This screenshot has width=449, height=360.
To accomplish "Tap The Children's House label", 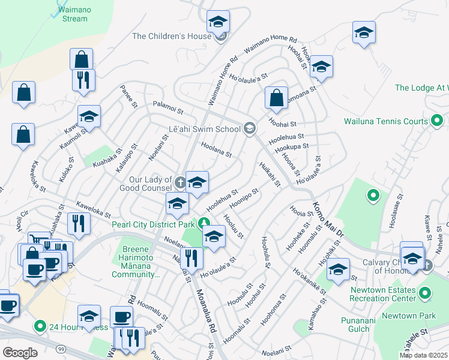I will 171,36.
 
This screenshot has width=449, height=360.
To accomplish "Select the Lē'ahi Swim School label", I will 205,128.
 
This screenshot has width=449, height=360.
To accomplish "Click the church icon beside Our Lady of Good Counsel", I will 181,180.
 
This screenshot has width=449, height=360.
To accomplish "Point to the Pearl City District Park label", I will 153,224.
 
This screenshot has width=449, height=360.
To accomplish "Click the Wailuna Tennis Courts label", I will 385,121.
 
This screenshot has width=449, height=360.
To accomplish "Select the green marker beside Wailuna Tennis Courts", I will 438,121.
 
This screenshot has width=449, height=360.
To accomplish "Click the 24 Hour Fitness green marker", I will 40,327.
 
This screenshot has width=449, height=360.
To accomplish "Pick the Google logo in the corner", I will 20,353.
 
